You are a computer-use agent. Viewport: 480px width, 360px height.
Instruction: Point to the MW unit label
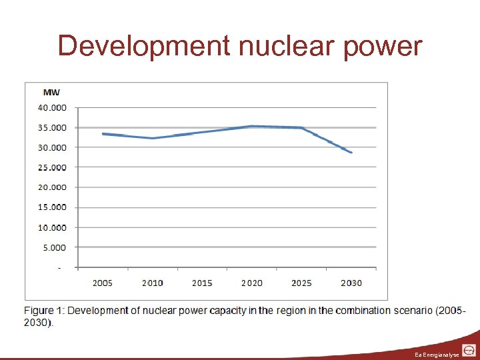click(x=51, y=92)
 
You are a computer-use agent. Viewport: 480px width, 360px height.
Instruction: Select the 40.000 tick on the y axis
click(x=52, y=107)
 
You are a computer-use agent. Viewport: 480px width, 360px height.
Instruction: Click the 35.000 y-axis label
click(x=52, y=127)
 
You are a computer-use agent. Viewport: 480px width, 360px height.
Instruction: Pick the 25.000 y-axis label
click(x=52, y=167)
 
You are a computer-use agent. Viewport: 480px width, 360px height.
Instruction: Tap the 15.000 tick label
click(x=52, y=207)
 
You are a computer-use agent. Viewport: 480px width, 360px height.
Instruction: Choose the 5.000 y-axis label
click(x=54, y=247)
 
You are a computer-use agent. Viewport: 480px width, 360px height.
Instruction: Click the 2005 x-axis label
click(x=102, y=283)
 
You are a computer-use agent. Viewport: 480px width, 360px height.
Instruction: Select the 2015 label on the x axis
click(x=202, y=283)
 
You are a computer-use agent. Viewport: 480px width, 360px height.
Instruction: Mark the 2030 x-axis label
click(x=351, y=283)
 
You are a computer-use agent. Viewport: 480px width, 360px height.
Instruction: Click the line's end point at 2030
click(x=351, y=153)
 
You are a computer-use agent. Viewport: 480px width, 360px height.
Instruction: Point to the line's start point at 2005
click(x=103, y=134)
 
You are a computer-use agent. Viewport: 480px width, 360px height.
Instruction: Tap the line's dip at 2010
click(x=153, y=138)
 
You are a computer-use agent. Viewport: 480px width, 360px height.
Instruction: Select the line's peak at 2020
click(x=252, y=126)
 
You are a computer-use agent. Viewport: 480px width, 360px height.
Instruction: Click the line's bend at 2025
click(x=302, y=128)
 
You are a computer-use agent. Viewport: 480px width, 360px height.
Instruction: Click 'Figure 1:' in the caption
click(x=44, y=311)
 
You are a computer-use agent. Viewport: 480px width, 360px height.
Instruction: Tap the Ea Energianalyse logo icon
click(x=469, y=351)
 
